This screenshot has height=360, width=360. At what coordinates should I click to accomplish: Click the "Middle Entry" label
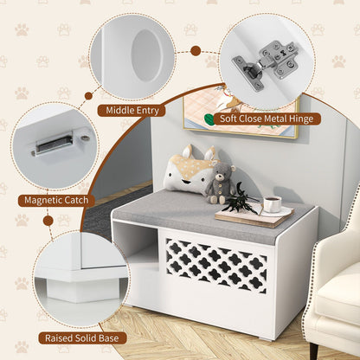132,110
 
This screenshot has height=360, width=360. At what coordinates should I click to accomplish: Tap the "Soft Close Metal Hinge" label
268,119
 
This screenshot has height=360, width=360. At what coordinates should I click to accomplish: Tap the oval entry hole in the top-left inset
146,55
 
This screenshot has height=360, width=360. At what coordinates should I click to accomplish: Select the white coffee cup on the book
272,204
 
